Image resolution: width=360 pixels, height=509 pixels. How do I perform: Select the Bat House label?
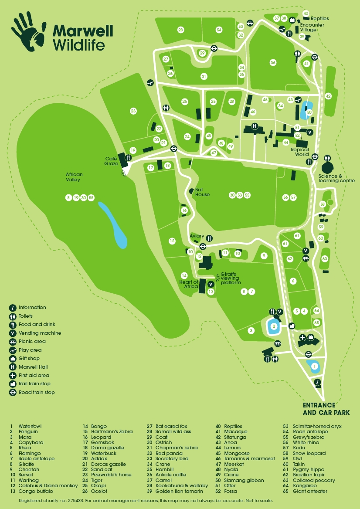(x=202, y=192)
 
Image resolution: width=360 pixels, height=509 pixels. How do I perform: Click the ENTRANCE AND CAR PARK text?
(x=326, y=409)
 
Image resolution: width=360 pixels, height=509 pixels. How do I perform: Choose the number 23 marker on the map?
(x=133, y=111)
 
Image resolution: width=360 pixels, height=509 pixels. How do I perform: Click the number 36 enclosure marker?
(x=273, y=62)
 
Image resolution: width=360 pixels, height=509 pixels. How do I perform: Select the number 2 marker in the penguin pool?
(x=274, y=326)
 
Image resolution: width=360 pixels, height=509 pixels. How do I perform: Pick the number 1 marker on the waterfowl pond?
(x=314, y=366)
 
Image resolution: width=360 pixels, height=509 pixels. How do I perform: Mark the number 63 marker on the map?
(x=325, y=259)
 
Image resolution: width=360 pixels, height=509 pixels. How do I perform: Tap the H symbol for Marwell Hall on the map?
(x=255, y=127)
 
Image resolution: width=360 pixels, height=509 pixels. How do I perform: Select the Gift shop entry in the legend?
(x=29, y=358)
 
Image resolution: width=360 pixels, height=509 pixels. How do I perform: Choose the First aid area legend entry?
(x=34, y=375)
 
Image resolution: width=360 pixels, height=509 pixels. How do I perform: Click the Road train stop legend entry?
(x=36, y=392)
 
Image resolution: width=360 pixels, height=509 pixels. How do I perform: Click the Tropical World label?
(x=299, y=152)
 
